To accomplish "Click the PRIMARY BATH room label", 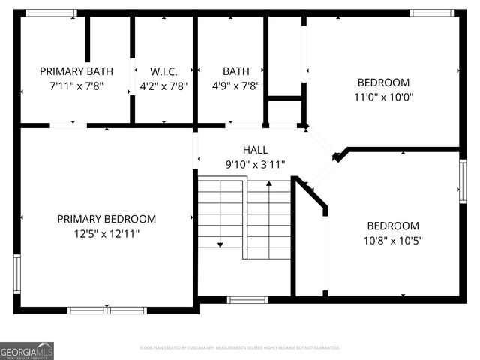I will [76, 71].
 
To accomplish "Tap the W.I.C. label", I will [163, 71].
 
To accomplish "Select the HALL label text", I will [255, 150].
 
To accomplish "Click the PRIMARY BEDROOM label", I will [106, 219].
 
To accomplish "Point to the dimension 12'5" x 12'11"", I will [106, 233].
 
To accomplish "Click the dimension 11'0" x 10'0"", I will [383, 97].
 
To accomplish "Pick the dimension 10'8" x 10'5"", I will [392, 241].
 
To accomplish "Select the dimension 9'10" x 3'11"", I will [255, 164].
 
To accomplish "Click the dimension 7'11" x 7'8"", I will [76, 85].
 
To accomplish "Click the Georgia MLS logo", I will [27, 350].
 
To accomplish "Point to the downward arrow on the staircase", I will [220, 243].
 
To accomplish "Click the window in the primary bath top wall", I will [50, 13].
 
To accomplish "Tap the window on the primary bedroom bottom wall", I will [106, 309].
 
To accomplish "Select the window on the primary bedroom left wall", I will [16, 274].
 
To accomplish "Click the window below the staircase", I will [247, 300].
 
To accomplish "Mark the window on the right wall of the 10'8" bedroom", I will [463, 181].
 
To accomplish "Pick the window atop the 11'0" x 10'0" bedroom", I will [431, 13].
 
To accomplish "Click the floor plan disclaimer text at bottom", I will [240, 348].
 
